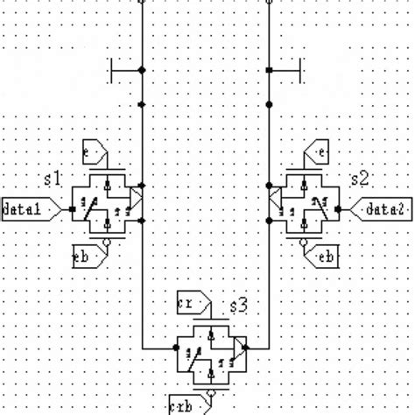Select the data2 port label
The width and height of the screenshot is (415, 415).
tap(382, 209)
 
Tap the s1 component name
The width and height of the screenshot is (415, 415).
tap(53, 179)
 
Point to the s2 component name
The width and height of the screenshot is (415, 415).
tap(359, 179)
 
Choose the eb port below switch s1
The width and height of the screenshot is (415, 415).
tap(88, 256)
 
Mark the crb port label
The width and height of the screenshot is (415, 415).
tap(183, 404)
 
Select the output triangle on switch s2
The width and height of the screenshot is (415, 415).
tap(275, 199)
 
